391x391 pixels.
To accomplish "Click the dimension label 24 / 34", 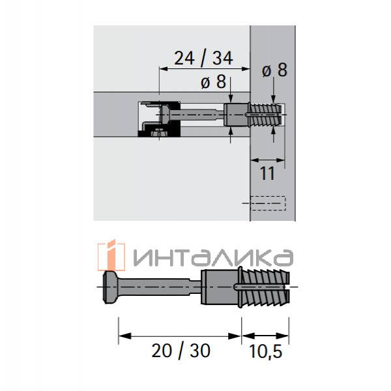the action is tap(203, 59).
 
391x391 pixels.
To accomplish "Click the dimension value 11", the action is tap(267, 173).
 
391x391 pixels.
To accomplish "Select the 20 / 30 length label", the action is tap(181, 351).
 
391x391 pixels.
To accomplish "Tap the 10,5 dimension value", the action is tap(265, 351).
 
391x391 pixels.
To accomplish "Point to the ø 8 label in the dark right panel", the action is tap(274, 70).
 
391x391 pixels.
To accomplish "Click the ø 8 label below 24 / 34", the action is tap(214, 82).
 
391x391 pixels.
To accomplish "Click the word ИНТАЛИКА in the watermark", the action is tap(214, 257).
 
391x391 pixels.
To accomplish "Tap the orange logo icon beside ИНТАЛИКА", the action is tap(111, 255).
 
